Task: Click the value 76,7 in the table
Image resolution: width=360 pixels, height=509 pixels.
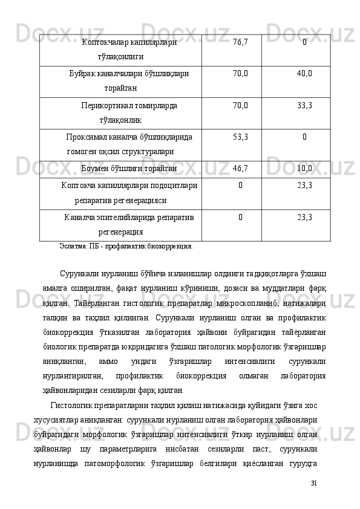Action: (240, 42)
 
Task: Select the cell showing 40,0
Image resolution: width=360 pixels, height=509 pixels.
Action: (304, 74)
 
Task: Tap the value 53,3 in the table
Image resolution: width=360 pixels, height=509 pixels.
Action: (240, 137)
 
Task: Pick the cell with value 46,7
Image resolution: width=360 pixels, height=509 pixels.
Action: (240, 168)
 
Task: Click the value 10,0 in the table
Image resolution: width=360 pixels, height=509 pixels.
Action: (304, 168)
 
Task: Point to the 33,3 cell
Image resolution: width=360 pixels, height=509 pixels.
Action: (304, 105)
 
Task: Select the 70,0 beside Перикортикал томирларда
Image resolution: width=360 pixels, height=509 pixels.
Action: (240, 105)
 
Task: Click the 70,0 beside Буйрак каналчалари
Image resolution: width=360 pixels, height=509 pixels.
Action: (240, 74)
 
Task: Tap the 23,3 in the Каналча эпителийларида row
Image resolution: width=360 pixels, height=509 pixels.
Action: (304, 217)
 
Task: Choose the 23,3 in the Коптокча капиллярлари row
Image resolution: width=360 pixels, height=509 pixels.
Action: (304, 186)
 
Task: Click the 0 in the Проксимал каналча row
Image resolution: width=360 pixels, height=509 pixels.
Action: (304, 137)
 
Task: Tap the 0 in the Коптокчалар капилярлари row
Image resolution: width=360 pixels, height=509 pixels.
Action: (304, 42)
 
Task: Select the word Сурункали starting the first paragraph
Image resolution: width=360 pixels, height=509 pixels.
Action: (79, 274)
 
